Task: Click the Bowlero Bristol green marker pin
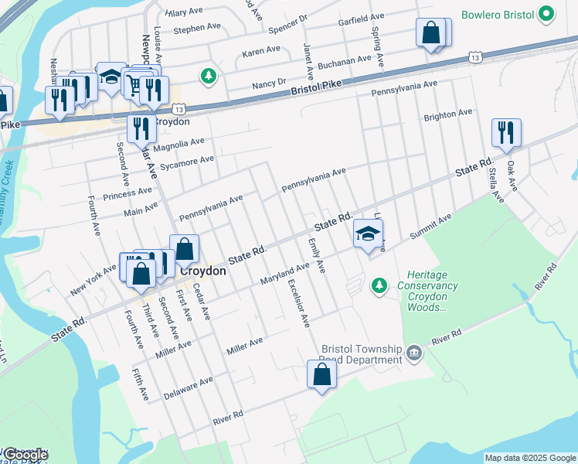tap(547, 14)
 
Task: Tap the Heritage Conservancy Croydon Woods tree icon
tap(379, 287)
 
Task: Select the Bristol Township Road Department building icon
tap(414, 353)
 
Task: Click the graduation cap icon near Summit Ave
tap(369, 232)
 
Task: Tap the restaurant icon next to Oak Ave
tap(506, 132)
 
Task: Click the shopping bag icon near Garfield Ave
tap(431, 33)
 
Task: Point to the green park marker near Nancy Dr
tap(207, 76)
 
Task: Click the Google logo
tap(25, 454)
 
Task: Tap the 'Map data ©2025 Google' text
tap(529, 458)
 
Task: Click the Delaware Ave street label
tap(188, 389)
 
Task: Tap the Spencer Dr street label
tap(288, 24)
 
